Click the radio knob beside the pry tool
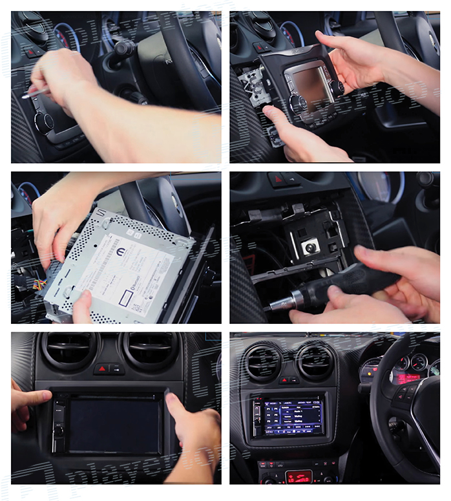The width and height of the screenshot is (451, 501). tap(45, 122)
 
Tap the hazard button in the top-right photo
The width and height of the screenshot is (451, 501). tap(262, 47)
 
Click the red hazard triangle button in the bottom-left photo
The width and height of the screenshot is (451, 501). tap(102, 369)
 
